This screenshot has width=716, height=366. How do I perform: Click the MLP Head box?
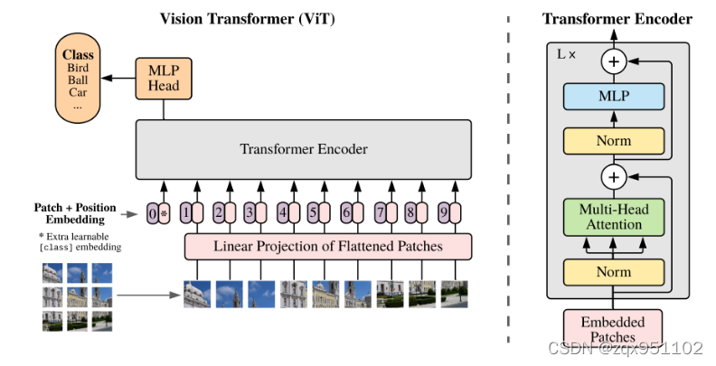click(x=164, y=79)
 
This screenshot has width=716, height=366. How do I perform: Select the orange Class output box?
click(x=78, y=80)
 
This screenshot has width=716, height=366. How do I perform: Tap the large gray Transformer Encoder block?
click(x=303, y=148)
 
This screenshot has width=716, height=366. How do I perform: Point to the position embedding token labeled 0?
click(x=152, y=213)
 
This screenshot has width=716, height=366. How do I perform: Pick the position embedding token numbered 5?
click(x=313, y=213)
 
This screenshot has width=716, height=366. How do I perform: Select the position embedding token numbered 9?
click(x=443, y=213)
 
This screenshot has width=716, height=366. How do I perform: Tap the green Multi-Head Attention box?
click(x=615, y=216)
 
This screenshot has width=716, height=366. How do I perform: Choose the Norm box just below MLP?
click(x=615, y=141)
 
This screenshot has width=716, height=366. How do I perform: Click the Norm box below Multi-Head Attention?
click(x=615, y=270)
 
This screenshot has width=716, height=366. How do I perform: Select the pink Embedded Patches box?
click(x=613, y=329)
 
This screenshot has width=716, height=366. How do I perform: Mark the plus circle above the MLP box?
click(x=615, y=61)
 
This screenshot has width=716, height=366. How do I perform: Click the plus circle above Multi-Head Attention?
click(x=615, y=175)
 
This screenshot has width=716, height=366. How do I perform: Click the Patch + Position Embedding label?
click(x=77, y=213)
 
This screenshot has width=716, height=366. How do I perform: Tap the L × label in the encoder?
click(x=567, y=54)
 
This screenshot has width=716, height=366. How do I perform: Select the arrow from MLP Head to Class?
click(x=117, y=79)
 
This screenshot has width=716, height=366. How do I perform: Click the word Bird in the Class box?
click(x=78, y=67)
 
